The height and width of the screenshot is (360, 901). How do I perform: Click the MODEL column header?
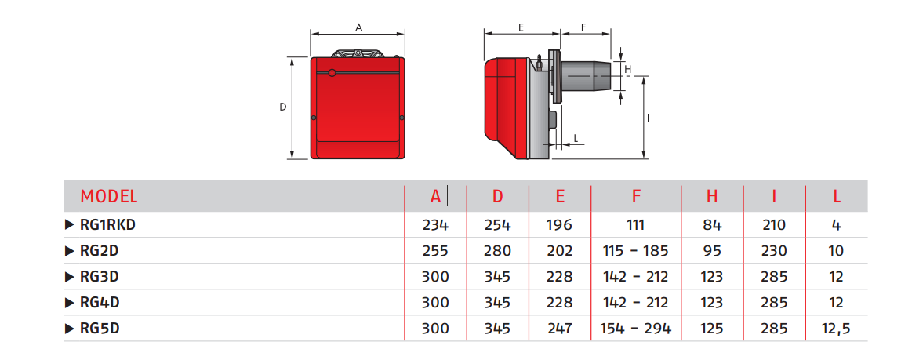coord(109,197)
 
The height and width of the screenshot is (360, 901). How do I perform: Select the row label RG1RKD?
coord(108,224)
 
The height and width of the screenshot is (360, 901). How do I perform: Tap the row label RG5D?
coord(100,329)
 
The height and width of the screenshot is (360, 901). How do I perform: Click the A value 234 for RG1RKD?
coord(435,224)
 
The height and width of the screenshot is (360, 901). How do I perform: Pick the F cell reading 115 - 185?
coord(635,251)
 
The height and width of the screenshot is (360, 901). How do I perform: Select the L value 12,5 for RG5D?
coord(836,329)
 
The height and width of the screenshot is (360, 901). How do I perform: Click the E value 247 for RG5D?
coord(560,329)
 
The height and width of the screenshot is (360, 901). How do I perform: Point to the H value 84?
coord(712,224)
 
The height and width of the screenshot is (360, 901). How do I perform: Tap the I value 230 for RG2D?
coord(774,251)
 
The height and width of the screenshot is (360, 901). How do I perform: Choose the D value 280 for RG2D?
coord(498,251)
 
